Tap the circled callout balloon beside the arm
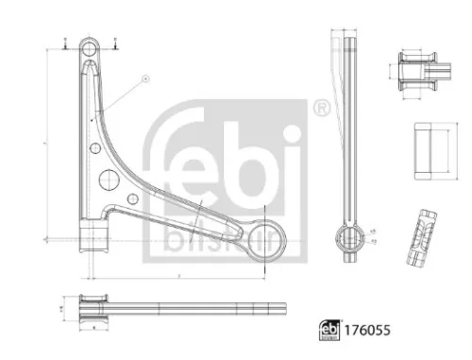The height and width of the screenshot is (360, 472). [144, 79]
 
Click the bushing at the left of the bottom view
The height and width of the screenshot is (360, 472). [93, 307]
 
